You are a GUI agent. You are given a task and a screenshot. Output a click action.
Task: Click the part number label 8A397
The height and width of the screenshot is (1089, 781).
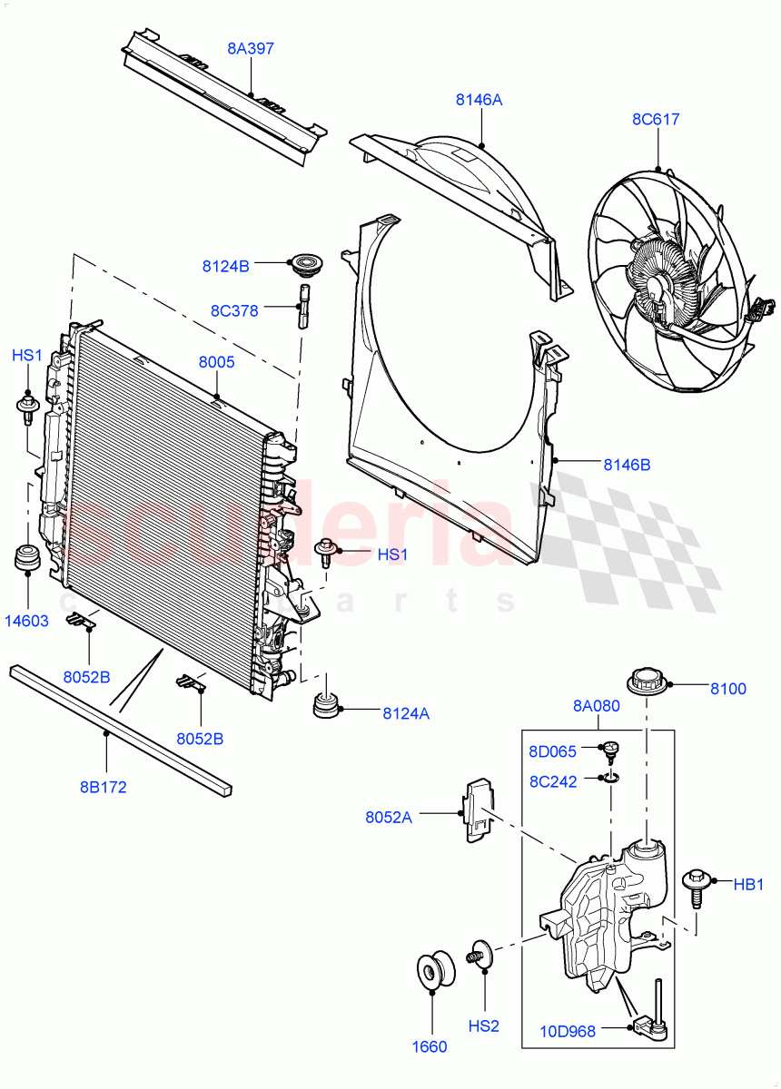251,48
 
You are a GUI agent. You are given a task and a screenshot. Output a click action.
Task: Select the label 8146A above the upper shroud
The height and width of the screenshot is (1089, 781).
479,100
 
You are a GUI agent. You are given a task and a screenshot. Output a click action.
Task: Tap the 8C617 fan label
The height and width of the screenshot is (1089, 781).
656,119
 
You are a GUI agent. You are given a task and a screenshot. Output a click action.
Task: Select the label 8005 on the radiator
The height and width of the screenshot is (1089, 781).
217,362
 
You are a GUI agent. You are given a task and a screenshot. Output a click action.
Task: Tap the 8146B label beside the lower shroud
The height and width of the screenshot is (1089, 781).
627,465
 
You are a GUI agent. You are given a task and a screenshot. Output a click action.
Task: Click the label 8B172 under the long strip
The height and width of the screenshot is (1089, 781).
103,787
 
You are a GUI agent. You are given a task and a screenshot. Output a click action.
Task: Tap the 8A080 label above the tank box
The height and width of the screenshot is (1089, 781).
597,706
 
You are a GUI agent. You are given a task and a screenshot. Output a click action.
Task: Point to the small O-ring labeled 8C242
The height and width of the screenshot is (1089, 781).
611,778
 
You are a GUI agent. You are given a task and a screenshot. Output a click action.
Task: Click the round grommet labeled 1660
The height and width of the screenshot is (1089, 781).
430,971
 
